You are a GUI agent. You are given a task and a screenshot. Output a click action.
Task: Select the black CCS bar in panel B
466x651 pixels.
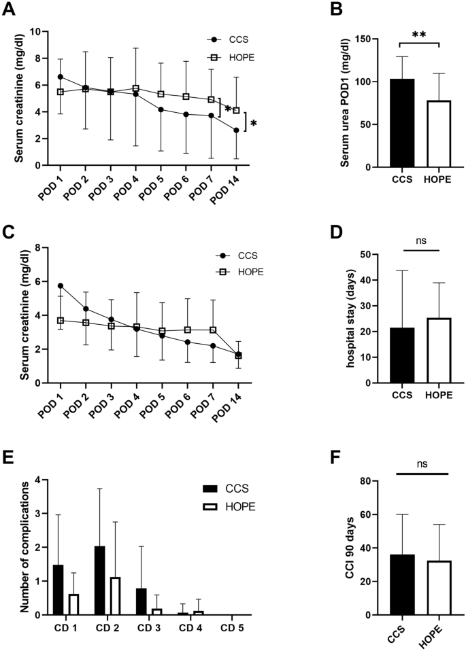pos(402,122)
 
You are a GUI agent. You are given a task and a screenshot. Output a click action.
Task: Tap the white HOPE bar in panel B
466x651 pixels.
pos(438,133)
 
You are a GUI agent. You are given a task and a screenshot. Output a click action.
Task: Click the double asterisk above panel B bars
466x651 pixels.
pos(419,35)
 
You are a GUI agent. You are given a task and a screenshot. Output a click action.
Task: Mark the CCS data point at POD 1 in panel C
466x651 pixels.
pos(61,285)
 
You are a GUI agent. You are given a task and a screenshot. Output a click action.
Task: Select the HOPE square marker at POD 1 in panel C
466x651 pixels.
pos(61,320)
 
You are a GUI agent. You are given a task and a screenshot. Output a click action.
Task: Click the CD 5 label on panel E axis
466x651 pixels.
pos(233,627)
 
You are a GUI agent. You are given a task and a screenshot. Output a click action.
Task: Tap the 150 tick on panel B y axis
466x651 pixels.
pos(368,39)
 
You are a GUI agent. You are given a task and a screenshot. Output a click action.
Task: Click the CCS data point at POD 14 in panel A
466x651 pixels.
pos(236,130)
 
